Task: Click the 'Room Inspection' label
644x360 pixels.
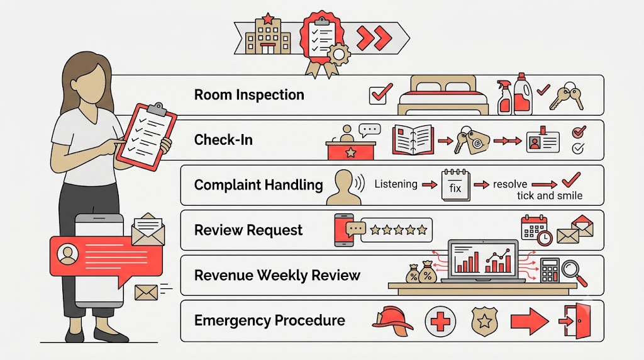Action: tap(249, 95)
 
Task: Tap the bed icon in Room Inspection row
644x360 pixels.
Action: tap(443, 95)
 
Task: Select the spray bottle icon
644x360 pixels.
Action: tap(504, 98)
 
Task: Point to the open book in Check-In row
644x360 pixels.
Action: tap(413, 140)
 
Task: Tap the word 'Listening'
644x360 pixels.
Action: tap(396, 184)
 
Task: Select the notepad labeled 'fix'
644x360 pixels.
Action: tap(455, 185)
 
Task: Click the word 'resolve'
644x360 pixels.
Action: tap(509, 184)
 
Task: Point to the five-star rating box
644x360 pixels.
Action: tap(396, 230)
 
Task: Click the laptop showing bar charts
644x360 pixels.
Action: tap(483, 261)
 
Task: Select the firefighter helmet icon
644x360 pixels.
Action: tap(392, 320)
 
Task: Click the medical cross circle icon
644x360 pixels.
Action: tap(440, 321)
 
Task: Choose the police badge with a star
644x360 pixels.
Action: tap(484, 322)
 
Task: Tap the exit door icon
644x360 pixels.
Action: tap(575, 320)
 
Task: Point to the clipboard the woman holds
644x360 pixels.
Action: tap(146, 136)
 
